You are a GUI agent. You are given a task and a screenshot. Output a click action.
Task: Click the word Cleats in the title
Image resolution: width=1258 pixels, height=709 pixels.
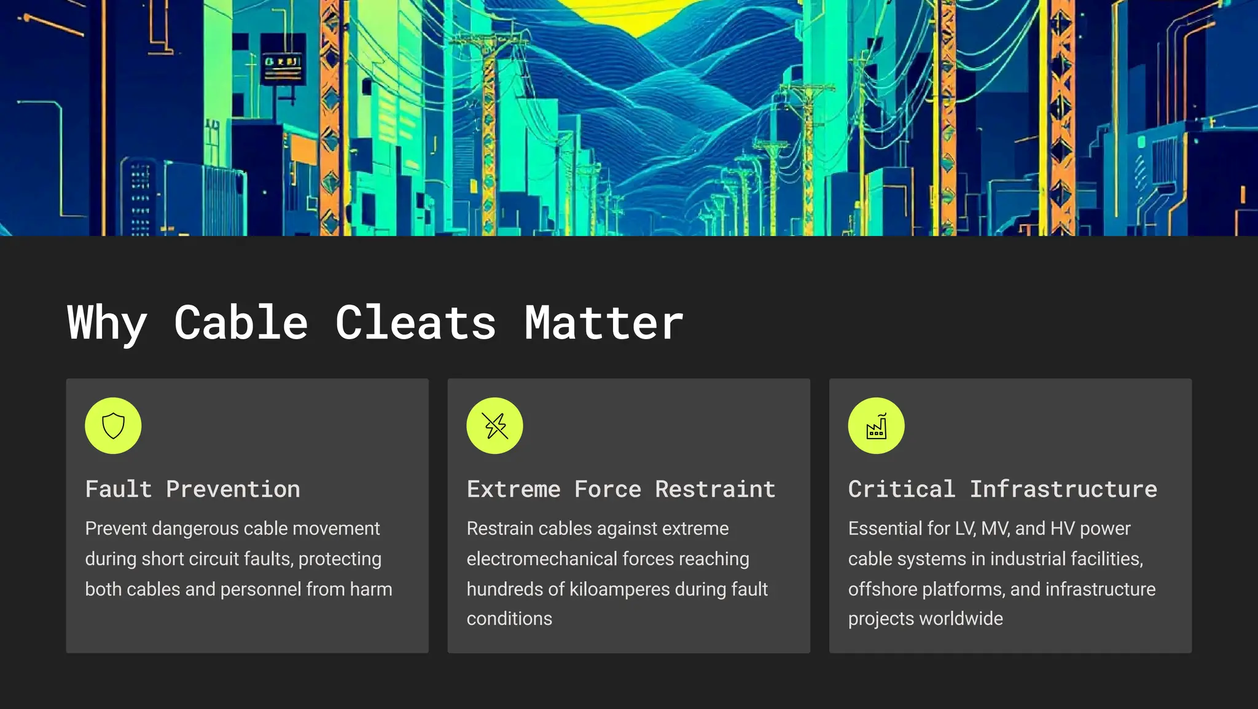click(x=415, y=323)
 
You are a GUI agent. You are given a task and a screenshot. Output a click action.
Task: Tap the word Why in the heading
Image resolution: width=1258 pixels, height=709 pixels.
click(x=107, y=323)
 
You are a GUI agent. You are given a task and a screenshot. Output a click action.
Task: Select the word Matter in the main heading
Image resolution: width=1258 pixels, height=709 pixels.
click(x=604, y=323)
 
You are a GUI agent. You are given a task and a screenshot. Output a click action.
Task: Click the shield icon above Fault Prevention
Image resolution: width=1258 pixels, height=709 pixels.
click(x=113, y=426)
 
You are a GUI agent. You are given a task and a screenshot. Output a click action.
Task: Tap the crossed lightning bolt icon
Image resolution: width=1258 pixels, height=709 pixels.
click(x=494, y=426)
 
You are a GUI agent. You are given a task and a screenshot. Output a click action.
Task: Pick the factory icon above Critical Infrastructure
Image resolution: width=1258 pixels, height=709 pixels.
click(x=876, y=426)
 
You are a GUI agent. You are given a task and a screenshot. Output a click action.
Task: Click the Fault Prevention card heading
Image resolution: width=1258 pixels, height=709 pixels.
click(x=193, y=489)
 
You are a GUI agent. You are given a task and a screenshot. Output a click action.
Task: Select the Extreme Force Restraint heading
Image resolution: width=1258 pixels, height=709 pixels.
click(x=621, y=489)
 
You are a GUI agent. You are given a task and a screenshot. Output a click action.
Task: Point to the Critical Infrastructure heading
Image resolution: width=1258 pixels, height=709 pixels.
click(x=1002, y=489)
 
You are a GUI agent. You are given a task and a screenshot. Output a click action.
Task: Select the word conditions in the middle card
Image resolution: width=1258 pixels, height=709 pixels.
click(x=509, y=619)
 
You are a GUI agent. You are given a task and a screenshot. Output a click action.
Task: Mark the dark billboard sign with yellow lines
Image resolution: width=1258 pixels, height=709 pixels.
click(x=283, y=63)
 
